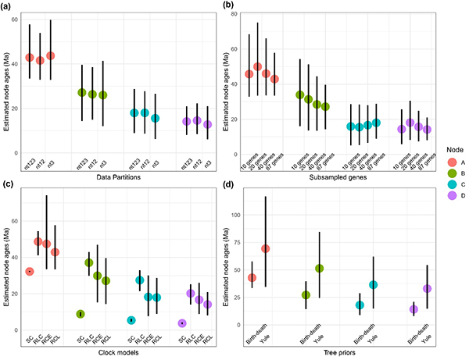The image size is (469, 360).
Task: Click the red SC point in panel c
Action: pos(29,271)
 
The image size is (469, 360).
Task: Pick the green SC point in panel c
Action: pos(81,314)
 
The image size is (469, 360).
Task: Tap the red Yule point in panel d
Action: pos(266,248)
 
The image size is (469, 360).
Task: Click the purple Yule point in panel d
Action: pos(428,288)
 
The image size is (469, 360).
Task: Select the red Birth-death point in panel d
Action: pos(252,278)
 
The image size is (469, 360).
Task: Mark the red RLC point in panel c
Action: pos(38,241)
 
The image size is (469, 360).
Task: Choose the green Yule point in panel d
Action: pos(320,268)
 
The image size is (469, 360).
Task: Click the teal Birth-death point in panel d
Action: pos(360,305)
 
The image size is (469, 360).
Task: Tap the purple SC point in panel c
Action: pos(182,323)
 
